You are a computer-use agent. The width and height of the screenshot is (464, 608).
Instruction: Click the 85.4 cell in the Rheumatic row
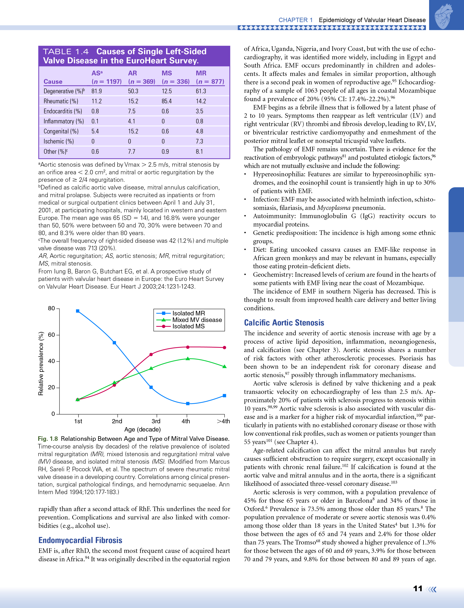click(166, 101)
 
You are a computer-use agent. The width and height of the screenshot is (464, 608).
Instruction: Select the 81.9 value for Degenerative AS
click(97, 91)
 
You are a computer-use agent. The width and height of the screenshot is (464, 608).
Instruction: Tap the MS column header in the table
click(167, 73)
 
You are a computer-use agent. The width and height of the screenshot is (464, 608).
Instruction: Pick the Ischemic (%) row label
click(58, 141)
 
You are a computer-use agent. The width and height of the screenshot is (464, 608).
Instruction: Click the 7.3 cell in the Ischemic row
click(199, 141)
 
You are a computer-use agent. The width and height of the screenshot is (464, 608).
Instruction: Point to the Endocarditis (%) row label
click(63, 111)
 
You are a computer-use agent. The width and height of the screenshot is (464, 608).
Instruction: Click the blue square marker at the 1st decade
click(78, 311)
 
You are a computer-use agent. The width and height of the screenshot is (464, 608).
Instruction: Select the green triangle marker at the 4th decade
click(188, 359)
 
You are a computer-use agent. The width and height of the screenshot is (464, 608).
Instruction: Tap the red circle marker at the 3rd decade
click(151, 354)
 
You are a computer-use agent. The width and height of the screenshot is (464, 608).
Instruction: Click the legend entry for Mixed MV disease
click(197, 320)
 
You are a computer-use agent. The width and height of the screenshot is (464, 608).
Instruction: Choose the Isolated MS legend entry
click(188, 326)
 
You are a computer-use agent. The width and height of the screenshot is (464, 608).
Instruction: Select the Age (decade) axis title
click(142, 429)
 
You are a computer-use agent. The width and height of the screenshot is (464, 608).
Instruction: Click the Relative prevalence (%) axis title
click(41, 364)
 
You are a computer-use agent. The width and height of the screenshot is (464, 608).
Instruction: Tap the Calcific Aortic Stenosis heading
click(284, 323)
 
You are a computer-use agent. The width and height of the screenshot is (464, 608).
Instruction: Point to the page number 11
click(418, 589)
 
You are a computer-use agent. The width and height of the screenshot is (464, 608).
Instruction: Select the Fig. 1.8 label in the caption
click(48, 439)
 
